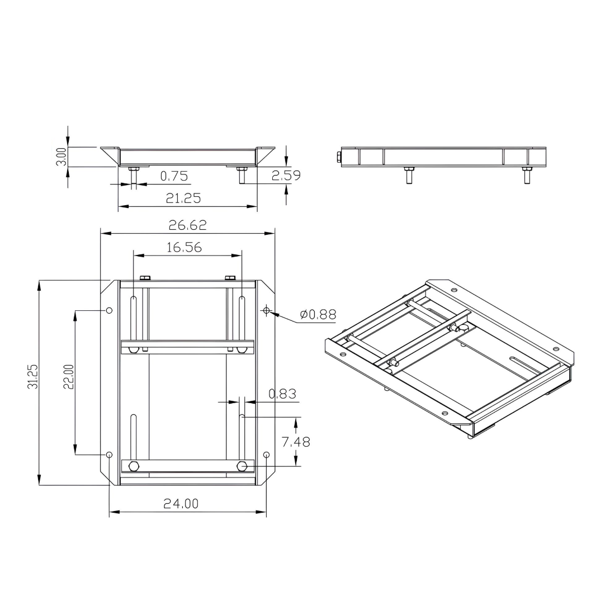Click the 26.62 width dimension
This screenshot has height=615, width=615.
(x=187, y=225)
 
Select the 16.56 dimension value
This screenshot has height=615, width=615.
(x=184, y=247)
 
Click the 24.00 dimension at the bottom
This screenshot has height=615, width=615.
(x=181, y=504)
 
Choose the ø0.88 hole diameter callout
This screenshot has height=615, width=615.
(x=318, y=315)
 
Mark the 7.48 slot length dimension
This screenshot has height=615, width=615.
(x=296, y=442)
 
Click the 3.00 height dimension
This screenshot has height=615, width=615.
(x=62, y=157)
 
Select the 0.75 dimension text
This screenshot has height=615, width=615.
(x=174, y=176)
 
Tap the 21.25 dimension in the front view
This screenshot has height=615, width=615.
(x=183, y=198)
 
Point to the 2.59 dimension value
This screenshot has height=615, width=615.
(x=286, y=175)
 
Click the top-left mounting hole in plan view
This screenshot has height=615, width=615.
(x=110, y=310)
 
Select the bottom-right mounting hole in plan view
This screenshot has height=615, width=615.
(x=266, y=455)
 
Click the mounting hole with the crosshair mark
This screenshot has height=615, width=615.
(x=266, y=310)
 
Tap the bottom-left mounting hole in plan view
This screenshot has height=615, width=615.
(x=110, y=455)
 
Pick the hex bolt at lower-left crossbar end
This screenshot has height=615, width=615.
(x=133, y=466)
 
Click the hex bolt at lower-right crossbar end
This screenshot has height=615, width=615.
(x=242, y=466)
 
